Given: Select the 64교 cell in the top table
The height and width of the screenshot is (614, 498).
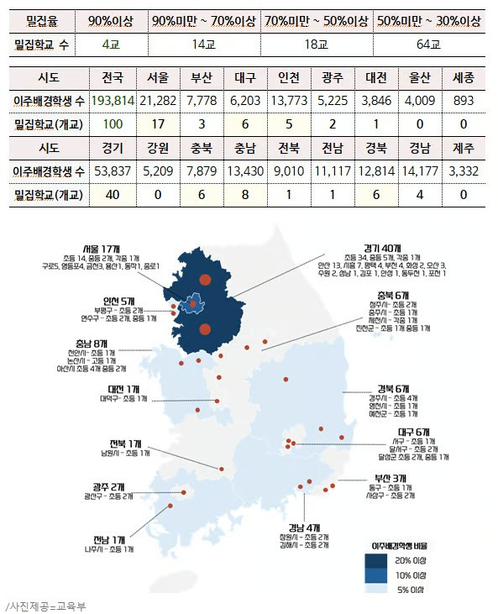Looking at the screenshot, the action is click(430, 44).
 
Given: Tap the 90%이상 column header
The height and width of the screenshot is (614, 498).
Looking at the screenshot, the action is click(110, 19).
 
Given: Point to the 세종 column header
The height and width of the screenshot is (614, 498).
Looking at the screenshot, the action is click(463, 79).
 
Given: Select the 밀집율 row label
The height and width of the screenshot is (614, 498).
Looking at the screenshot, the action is click(41, 19).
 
